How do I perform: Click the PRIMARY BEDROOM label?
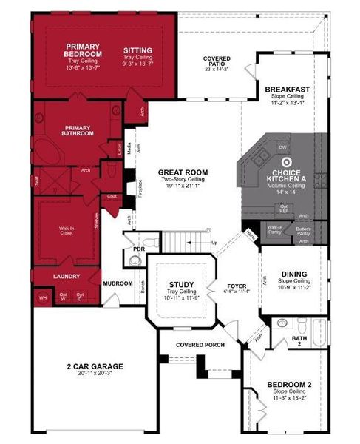(x=83, y=50)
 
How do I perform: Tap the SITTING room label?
(x=138, y=50)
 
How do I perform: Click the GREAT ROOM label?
(x=183, y=172)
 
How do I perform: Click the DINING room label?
(x=293, y=275)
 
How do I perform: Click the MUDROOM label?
(x=118, y=283)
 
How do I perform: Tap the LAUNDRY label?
(x=66, y=277)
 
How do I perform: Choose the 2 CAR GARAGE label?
(x=93, y=366)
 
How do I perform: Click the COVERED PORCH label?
(x=200, y=345)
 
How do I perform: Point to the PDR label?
(x=137, y=249)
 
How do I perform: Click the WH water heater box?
(x=41, y=297)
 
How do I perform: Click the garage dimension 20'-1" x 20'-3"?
(x=93, y=374)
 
